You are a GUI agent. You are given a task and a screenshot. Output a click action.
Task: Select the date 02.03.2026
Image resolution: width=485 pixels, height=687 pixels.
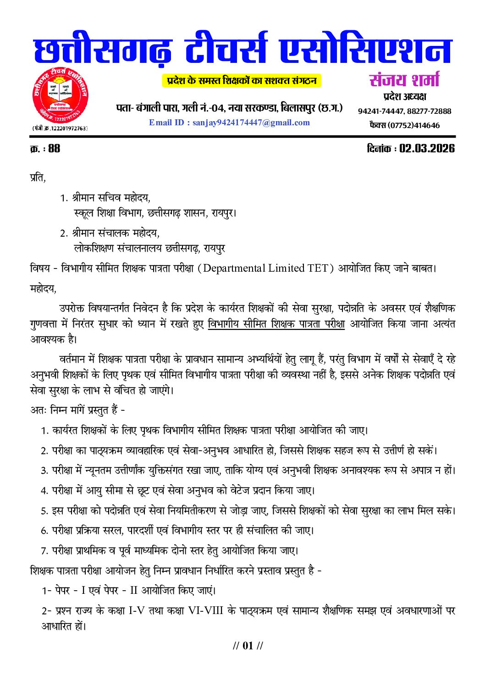427,148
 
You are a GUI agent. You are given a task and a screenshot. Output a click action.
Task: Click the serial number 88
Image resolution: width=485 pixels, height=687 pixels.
54,148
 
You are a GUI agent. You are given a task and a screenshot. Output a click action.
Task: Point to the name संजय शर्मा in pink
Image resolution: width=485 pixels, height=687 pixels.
404,80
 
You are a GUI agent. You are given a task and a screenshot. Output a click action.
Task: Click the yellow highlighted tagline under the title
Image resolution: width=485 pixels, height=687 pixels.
242,81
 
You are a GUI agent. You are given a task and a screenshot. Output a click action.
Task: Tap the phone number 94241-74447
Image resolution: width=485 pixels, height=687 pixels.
380,111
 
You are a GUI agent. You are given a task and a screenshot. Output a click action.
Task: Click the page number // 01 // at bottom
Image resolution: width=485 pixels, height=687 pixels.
248,646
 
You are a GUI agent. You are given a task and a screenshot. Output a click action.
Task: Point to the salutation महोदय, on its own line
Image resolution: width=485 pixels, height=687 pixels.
43,289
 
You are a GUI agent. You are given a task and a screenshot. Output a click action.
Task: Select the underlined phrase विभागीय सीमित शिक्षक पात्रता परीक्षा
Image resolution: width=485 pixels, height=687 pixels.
276,324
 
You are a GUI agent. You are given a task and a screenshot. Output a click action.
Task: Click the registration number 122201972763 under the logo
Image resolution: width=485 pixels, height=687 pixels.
68,128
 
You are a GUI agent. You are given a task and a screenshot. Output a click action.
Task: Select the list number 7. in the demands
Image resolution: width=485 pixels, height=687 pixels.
44,551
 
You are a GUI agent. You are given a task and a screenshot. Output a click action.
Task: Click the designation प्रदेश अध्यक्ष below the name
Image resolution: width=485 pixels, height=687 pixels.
404,96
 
